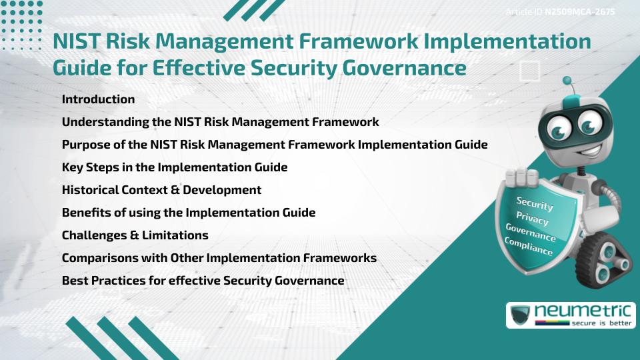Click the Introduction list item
(98, 99)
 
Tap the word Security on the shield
(535, 203)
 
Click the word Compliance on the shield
(528, 247)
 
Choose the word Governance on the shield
(531, 232)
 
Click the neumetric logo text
(583, 311)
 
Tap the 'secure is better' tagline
(601, 323)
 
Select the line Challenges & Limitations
(135, 235)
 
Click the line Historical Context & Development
(161, 190)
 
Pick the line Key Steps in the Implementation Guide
(175, 167)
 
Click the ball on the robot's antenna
(567, 81)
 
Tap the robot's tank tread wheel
(603, 261)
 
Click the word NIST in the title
(76, 41)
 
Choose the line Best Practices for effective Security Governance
(203, 281)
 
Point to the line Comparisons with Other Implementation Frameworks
(219, 258)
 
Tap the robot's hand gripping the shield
(521, 177)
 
